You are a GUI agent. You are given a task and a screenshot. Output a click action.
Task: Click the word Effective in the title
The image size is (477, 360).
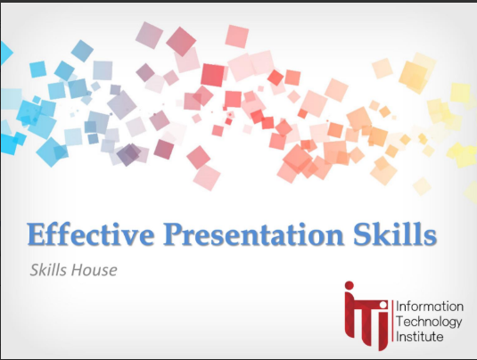[x=91, y=234]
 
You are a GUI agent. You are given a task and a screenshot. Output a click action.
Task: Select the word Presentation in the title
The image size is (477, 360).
[x=254, y=234]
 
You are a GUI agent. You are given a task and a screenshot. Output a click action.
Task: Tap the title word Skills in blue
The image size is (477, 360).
[x=395, y=233]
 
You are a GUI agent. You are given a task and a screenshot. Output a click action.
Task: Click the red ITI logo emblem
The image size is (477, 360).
[x=366, y=316]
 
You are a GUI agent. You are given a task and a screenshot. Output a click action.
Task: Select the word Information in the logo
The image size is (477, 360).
[x=430, y=307]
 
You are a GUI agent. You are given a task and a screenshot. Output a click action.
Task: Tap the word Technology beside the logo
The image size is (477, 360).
[x=429, y=322]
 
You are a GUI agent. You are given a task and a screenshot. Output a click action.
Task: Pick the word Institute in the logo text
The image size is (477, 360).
[x=420, y=337]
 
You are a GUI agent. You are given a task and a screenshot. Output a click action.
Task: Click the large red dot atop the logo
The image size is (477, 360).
[x=350, y=285]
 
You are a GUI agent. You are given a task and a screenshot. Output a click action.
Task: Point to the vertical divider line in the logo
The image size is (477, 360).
[x=392, y=321]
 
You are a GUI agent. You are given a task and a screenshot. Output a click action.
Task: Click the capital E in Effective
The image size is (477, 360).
[x=36, y=234]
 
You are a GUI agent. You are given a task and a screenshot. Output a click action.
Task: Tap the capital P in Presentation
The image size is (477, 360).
[x=173, y=234]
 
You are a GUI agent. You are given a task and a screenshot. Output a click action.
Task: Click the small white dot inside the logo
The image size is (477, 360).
[x=383, y=305]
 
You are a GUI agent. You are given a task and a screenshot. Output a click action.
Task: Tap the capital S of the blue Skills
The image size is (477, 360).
[x=361, y=234]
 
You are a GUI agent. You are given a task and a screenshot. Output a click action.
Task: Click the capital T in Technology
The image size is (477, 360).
[x=400, y=322]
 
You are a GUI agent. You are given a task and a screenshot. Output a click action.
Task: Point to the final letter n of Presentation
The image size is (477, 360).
[x=334, y=237]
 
